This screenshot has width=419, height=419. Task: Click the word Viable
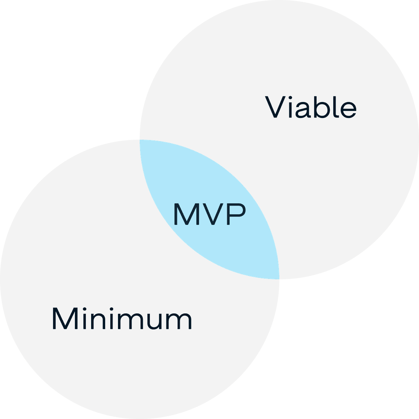(310, 107)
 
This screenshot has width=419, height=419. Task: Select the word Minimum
(122, 318)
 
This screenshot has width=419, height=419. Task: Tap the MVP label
(210, 214)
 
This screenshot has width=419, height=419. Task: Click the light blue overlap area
(209, 209)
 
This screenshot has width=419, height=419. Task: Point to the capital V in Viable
(275, 107)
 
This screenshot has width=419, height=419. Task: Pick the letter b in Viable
(322, 107)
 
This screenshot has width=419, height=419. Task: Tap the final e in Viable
(348, 110)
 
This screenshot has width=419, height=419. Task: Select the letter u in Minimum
(155, 322)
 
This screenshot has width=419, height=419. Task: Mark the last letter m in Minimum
(179, 321)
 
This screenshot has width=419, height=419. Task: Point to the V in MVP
(213, 214)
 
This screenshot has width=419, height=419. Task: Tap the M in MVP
(187, 214)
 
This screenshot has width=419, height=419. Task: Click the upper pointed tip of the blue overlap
(140, 140)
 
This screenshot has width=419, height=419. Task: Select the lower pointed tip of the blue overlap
(279, 279)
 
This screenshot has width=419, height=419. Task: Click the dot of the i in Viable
(290, 97)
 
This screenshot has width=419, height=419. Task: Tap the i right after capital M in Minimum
(85, 318)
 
